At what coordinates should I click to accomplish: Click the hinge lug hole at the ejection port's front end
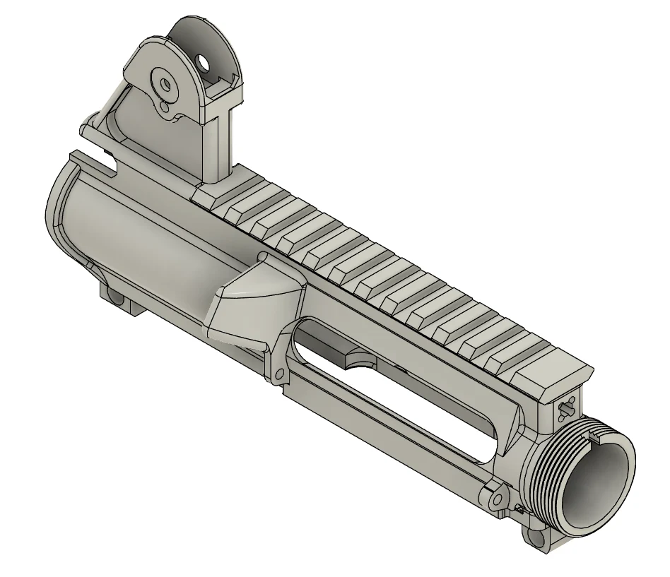pos(498,500)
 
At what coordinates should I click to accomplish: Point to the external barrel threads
pos(558,466)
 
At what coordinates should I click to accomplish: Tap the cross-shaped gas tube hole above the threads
pos(566,408)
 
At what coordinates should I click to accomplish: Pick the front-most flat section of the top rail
pos(551,367)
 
